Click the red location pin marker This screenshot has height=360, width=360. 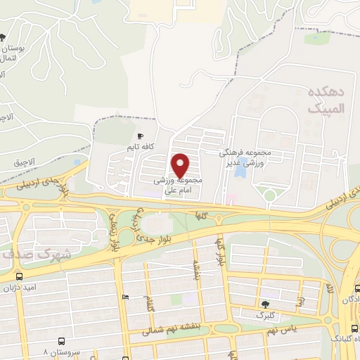point(181,165)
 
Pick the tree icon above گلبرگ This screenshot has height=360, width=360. point(265,304)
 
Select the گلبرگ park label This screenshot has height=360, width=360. point(266,315)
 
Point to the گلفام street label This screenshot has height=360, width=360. point(147,304)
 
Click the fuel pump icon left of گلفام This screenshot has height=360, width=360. point(125,298)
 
